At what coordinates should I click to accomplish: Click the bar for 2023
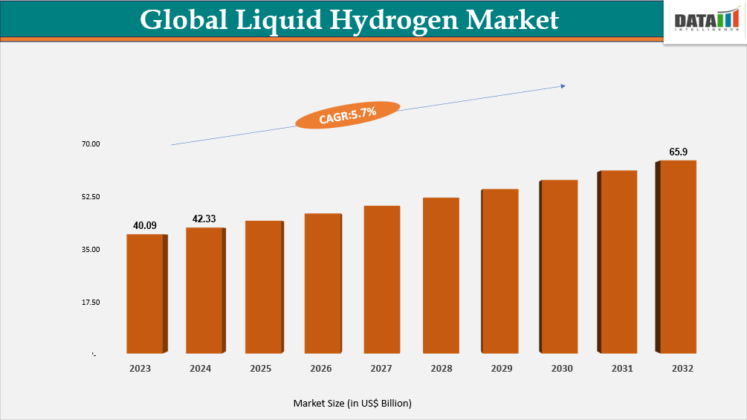tap(145, 294)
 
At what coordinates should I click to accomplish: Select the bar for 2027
tap(382, 280)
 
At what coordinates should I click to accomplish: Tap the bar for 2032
tap(678, 256)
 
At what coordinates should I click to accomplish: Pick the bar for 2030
tap(559, 266)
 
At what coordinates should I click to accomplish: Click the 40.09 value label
tap(145, 225)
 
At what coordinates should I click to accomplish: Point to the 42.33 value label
tap(204, 219)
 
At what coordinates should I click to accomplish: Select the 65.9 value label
tap(679, 152)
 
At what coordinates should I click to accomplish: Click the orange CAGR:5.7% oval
tap(348, 114)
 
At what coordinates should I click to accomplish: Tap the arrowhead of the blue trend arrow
tap(563, 86)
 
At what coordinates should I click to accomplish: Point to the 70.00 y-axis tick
tap(91, 144)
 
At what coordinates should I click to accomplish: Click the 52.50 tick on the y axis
tap(91, 197)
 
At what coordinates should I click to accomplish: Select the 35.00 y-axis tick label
tap(91, 250)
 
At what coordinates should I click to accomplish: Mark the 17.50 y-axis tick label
tap(91, 303)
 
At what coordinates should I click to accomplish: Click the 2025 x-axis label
tap(261, 369)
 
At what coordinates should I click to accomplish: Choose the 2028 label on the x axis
tap(441, 369)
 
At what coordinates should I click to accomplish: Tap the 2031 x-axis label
tap(621, 369)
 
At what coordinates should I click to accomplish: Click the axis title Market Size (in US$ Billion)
tap(352, 403)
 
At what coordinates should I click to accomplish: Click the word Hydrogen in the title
tap(392, 20)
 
